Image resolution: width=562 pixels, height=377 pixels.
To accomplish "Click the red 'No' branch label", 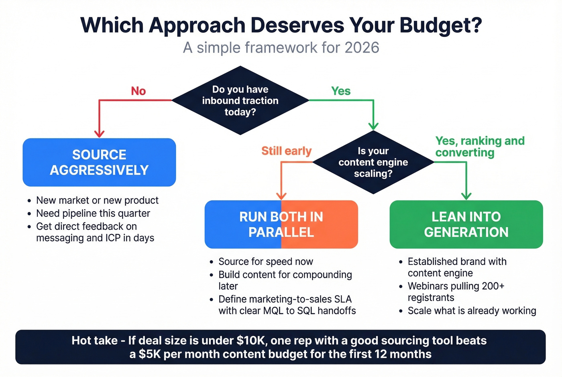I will (138, 91).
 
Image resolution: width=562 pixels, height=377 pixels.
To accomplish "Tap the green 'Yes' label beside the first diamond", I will (341, 91).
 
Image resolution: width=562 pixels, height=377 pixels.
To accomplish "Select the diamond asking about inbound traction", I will (240, 100).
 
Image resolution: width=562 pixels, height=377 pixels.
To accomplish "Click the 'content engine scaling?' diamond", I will (373, 162).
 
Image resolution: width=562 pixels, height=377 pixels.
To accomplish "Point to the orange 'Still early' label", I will (286, 151).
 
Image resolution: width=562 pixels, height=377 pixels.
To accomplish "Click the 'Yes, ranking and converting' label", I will (480, 147).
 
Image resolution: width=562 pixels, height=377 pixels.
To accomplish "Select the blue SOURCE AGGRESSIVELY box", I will (99, 162).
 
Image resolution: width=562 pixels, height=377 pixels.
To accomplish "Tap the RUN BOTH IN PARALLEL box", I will (281, 224).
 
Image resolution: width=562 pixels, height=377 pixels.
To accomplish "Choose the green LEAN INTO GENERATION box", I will (466, 224).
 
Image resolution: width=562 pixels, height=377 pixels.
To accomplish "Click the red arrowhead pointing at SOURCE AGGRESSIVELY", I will (99, 134).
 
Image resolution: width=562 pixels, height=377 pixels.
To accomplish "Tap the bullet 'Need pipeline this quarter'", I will (93, 213).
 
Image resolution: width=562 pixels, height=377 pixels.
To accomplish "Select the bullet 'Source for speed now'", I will (266, 262).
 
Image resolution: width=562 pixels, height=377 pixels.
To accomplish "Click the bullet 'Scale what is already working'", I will (472, 311).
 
